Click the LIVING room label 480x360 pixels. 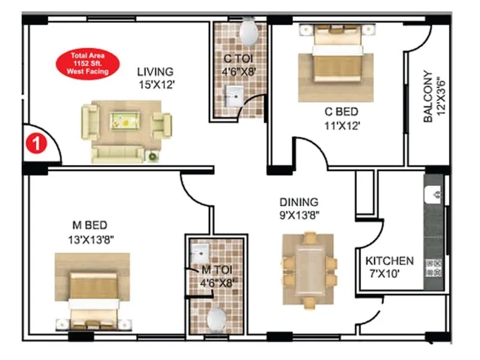pos(154,72)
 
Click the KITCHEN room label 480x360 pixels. pos(389,261)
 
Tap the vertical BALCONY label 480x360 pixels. pos(428,97)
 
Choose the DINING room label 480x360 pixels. pos(298,202)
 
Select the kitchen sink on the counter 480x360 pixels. pos(434,194)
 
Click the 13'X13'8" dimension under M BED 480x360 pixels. pos(91,238)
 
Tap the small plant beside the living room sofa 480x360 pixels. pos(153,157)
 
